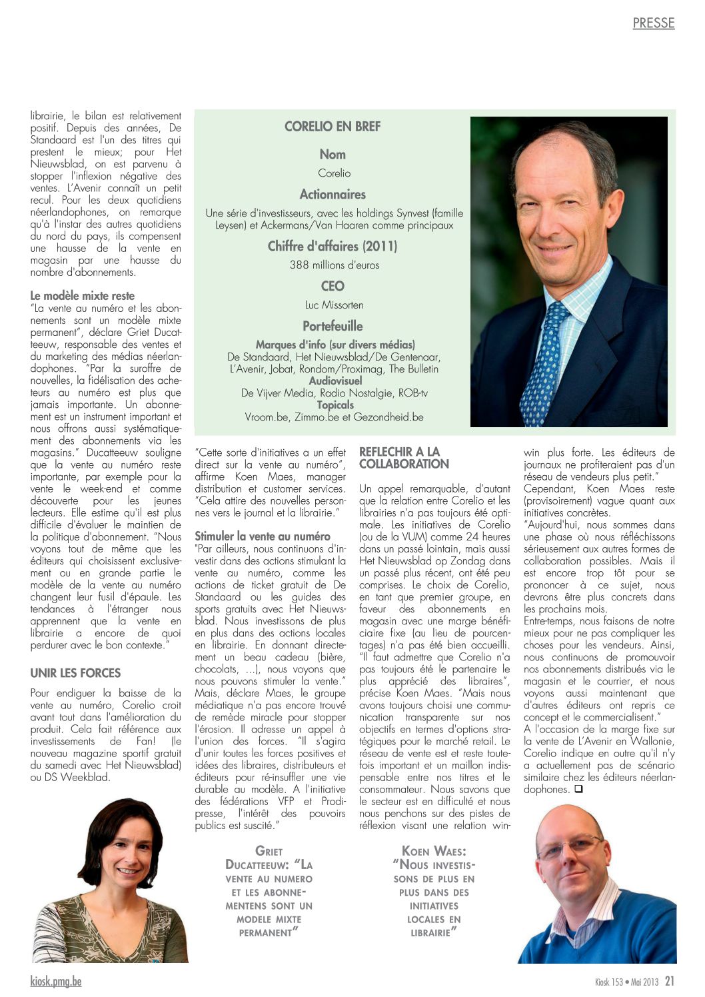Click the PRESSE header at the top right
[x=653, y=23]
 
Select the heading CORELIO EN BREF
[x=333, y=127]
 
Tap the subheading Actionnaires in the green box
[x=333, y=195]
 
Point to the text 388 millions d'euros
[x=334, y=265]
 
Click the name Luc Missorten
[x=334, y=305]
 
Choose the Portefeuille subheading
[x=333, y=327]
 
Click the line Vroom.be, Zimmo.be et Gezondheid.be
[x=334, y=417]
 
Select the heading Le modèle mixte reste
[x=82, y=296]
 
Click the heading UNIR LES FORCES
[x=75, y=673]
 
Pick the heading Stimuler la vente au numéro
[x=262, y=536]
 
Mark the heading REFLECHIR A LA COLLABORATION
[x=404, y=458]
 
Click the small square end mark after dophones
[x=578, y=790]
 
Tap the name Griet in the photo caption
[x=269, y=851]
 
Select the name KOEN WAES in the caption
[x=434, y=851]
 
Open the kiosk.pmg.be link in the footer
[x=56, y=981]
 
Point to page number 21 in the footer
[x=670, y=981]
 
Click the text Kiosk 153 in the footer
[x=609, y=982]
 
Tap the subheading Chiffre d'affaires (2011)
[x=333, y=247]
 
